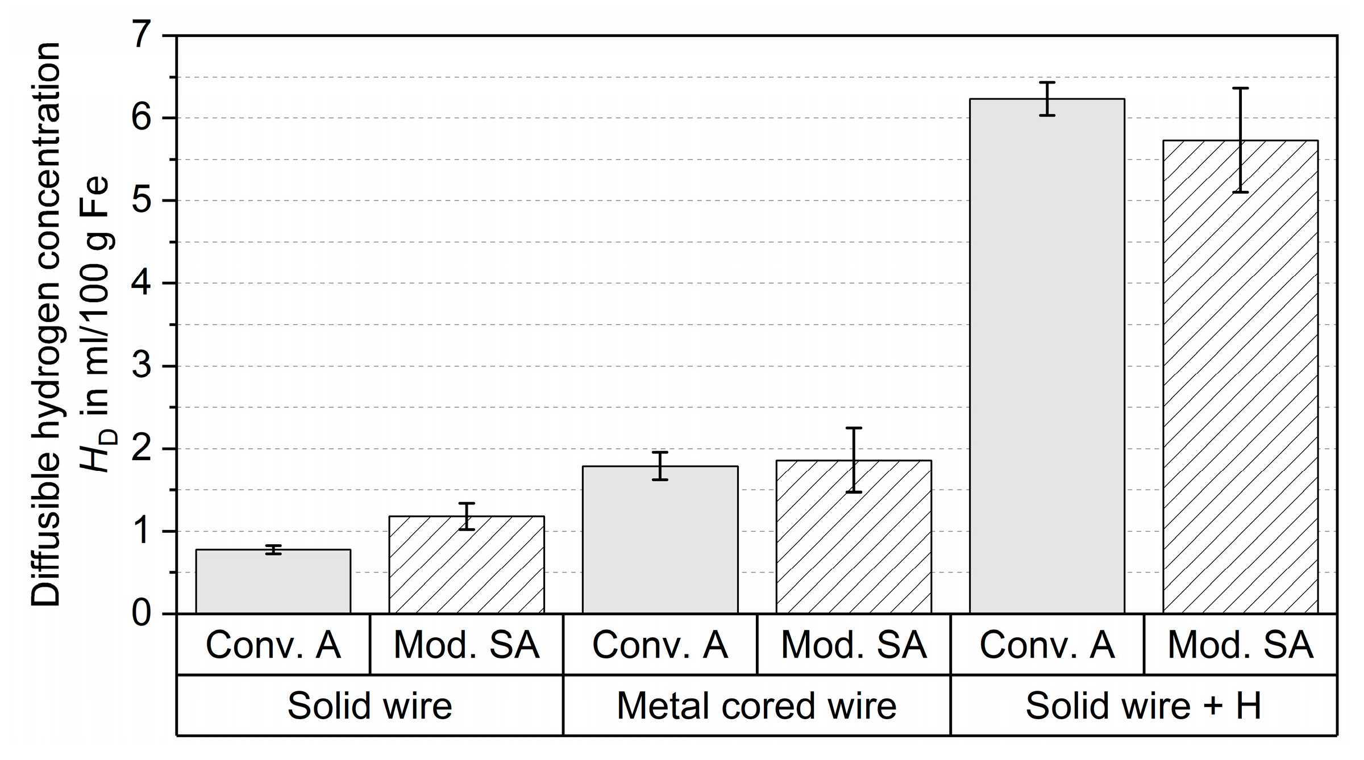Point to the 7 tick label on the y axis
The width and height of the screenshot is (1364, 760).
click(142, 36)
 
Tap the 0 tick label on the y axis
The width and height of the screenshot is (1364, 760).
click(142, 614)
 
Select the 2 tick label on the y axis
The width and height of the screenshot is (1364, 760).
click(142, 449)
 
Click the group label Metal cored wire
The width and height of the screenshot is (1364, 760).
click(756, 706)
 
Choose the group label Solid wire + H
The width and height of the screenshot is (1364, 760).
click(1143, 706)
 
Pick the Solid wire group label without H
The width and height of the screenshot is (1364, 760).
click(370, 706)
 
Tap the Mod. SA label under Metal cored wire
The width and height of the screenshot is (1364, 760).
click(854, 645)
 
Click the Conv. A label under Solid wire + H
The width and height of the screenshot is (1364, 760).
click(1047, 645)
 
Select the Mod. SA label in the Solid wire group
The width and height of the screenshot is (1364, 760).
click(467, 645)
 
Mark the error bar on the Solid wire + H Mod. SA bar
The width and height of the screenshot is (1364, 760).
click(1241, 140)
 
